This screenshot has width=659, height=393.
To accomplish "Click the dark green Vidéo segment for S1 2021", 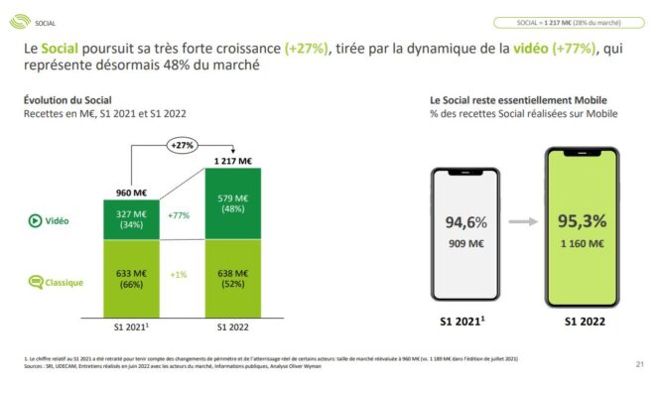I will coord(131,219).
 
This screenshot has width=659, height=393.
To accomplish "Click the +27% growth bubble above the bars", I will coord(181,145).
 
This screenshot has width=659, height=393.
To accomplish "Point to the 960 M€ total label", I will coord(131,193).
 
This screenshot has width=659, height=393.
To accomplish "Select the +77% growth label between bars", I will coord(180,214).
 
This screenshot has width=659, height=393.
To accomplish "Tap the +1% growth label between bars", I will coord(180,275).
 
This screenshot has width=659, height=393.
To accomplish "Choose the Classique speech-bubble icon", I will coord(34,282).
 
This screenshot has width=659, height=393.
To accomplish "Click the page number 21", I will coord(640,366).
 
